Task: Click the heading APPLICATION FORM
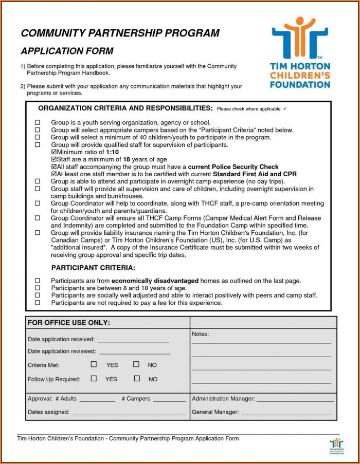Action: coord(67,51)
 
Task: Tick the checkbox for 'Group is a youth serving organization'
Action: coord(37,123)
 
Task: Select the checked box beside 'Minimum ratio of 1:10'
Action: coord(55,153)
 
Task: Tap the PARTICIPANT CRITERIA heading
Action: coord(93,268)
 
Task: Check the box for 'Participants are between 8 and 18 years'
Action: coord(37,288)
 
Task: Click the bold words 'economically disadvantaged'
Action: coord(155,281)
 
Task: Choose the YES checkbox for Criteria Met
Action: coord(94,364)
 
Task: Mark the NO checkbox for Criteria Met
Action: coord(136,364)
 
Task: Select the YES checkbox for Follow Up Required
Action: coord(94,379)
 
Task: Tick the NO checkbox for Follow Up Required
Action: coord(137,379)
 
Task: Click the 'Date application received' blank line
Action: coord(133,341)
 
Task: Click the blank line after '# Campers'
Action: coord(169,400)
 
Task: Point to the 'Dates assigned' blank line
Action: coord(129,414)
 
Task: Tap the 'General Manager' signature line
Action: coord(287,414)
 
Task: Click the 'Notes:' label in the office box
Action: coord(200,335)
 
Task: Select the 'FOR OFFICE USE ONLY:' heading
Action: coord(68,323)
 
